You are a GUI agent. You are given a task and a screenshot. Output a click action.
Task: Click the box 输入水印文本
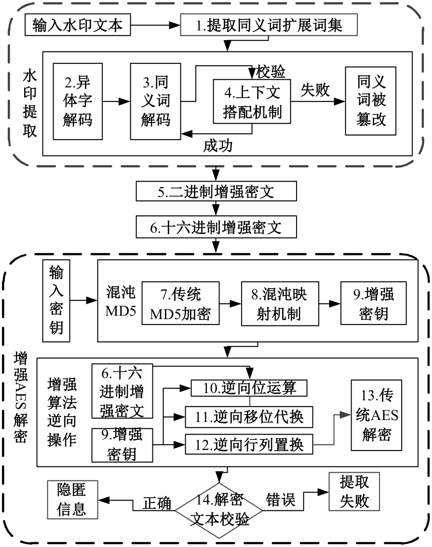coord(78,25)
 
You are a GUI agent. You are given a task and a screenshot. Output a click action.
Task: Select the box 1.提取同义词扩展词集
coord(269,25)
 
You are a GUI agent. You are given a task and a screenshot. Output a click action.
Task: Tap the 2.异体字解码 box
coord(78,101)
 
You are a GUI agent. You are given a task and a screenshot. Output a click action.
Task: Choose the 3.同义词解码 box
coord(155,101)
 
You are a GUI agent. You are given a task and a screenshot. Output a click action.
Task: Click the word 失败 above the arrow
coord(315,90)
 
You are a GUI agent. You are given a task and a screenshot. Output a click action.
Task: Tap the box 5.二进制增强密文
coord(216,192)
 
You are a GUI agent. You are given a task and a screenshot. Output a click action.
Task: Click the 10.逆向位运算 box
coord(249,387)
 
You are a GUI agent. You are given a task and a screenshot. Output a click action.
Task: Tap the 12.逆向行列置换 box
coord(249,443)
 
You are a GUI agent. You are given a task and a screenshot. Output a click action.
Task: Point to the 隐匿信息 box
coord(72,499)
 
